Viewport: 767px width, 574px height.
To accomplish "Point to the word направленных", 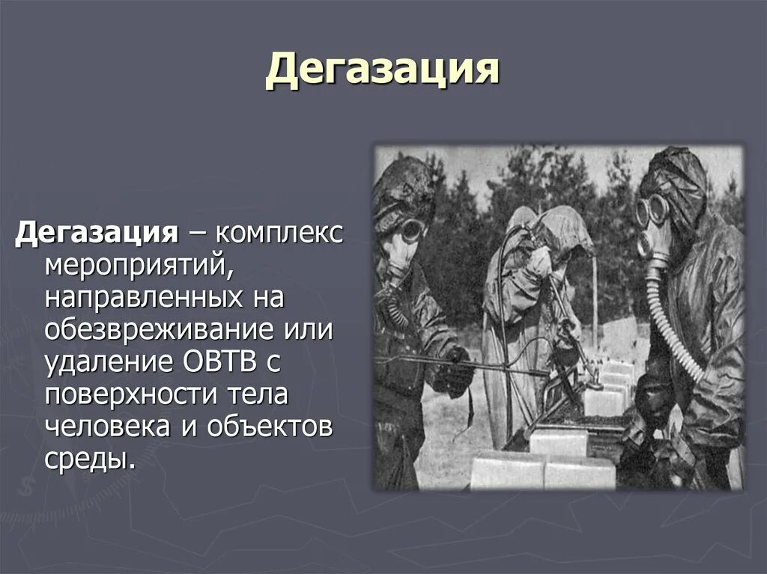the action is coord(144,297).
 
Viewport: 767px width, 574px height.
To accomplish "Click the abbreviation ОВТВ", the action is coord(220,361).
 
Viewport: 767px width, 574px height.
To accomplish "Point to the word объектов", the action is coord(270,427).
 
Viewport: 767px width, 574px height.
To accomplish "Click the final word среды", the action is coord(90,459).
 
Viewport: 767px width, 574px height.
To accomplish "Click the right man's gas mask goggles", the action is coord(652,210).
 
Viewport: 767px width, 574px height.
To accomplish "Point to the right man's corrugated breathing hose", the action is coord(671,323).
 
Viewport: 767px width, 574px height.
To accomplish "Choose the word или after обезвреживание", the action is coord(308,329).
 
